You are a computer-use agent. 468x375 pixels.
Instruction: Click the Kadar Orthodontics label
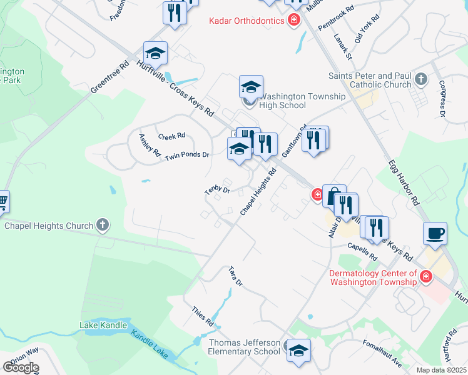[247, 21]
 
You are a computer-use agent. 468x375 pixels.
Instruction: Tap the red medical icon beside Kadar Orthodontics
[293, 21]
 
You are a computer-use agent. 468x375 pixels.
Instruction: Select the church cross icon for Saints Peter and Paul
[421, 80]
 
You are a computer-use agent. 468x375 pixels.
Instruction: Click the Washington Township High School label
[302, 101]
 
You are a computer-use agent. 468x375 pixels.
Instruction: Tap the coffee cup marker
[435, 234]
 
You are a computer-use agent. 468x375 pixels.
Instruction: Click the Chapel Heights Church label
[48, 225]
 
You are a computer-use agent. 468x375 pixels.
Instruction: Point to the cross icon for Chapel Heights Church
[103, 225]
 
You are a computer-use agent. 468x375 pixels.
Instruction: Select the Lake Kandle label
[103, 325]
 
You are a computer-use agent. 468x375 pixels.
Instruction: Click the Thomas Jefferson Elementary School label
[244, 347]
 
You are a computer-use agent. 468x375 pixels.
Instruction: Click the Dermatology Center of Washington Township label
[373, 277]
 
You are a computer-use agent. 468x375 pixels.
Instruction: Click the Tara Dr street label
[235, 276]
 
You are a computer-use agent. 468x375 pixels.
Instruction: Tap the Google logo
[21, 367]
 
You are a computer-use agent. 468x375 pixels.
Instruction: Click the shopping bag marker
[334, 196]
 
